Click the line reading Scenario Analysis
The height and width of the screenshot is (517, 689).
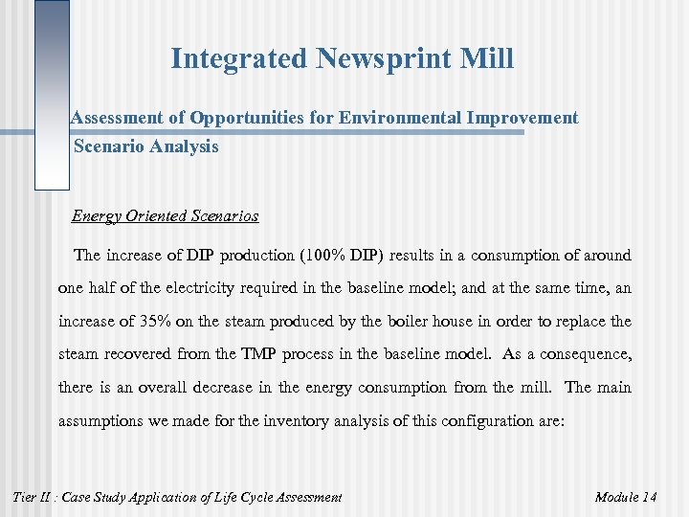(146, 146)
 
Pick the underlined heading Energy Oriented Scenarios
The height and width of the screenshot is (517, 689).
(165, 216)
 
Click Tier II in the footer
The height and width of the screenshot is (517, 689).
(29, 496)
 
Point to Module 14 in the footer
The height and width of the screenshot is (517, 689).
(625, 496)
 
